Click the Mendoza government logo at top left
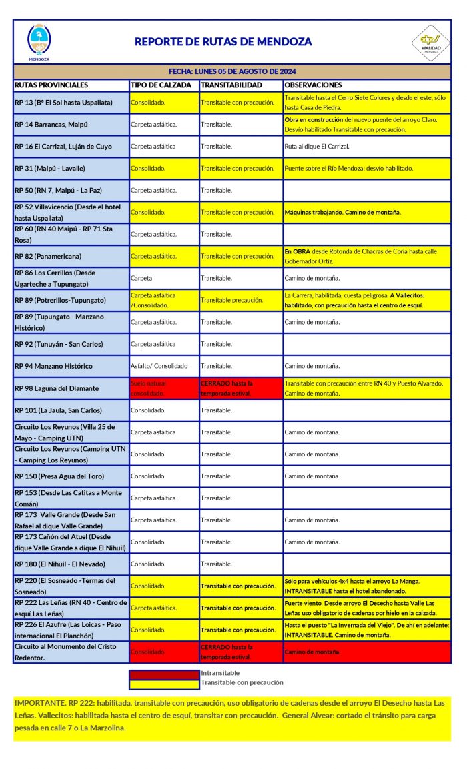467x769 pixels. [x=39, y=41]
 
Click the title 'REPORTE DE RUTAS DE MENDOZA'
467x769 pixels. [x=223, y=41]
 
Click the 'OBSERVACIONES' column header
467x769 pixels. [x=313, y=85]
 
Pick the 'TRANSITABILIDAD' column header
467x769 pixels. [x=231, y=85]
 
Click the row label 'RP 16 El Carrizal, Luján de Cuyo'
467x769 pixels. [x=63, y=147]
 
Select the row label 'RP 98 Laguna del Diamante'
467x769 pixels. [x=57, y=388]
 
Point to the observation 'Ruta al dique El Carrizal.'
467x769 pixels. [x=316, y=147]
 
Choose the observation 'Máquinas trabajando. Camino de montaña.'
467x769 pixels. [x=342, y=213]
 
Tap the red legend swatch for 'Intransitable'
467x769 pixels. [x=164, y=674]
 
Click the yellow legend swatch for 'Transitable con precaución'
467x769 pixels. [x=164, y=683]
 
